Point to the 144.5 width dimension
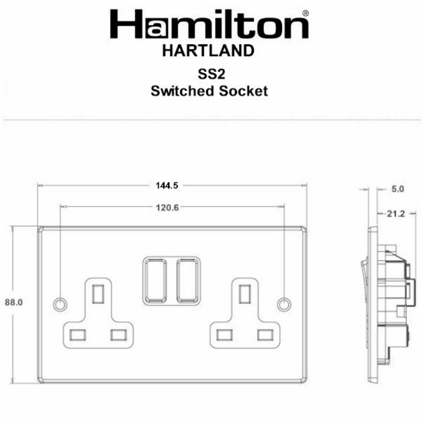click(163, 186)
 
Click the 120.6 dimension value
click(163, 207)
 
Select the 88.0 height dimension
click(13, 302)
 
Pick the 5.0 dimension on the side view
click(397, 189)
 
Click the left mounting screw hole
click(59, 303)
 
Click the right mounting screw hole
click(284, 303)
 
